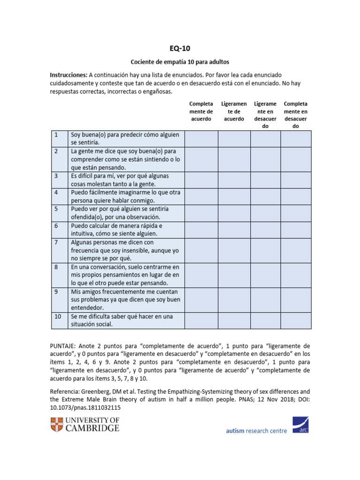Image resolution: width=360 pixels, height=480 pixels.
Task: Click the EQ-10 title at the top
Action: pos(180,48)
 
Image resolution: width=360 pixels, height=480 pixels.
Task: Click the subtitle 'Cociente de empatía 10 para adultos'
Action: pos(180,62)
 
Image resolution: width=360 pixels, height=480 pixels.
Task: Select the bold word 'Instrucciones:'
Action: pos(68,75)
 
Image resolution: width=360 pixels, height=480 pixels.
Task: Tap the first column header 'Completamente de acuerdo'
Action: pos(201,111)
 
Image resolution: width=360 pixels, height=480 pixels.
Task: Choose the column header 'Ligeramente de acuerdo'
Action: pos(234,111)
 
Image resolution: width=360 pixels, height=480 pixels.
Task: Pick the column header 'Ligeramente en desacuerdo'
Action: pos(265,115)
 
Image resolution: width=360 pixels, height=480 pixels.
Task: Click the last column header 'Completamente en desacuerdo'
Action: pos(296,115)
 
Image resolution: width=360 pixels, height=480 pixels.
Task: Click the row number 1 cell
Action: pos(59,138)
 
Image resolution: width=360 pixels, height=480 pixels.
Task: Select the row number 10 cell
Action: pos(59,321)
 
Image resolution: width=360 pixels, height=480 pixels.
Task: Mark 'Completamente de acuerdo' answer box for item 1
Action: pos(202,139)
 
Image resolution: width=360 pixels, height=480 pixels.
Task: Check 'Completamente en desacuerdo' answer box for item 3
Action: pos(296,180)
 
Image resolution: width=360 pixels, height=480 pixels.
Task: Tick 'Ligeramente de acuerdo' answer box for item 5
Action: pos(234,213)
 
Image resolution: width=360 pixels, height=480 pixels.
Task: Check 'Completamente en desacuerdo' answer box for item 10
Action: pos(296,321)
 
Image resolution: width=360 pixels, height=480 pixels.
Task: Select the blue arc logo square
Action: pos(300,424)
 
